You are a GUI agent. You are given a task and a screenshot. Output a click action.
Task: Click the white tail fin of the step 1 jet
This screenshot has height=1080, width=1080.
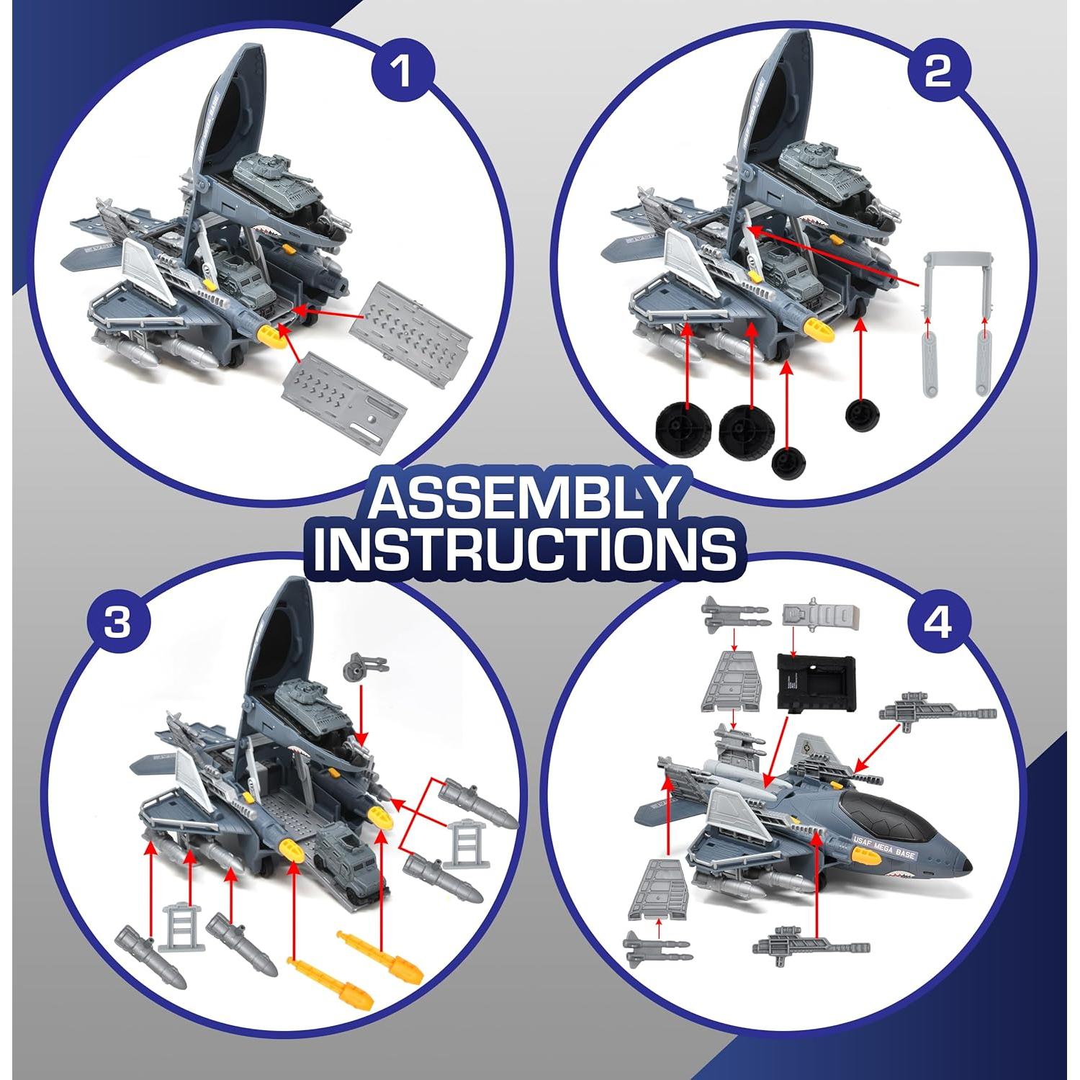click(x=148, y=270)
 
